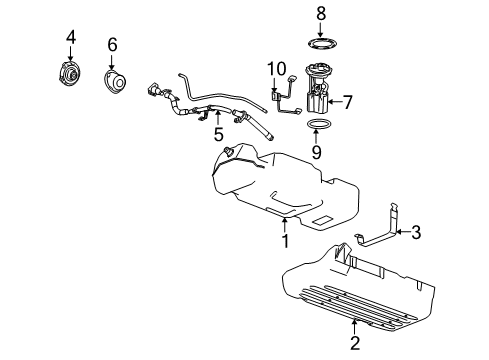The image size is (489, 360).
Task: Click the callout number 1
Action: pos(285,241)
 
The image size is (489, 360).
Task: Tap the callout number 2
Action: pos(355,344)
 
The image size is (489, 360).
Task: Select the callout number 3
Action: pos(416,232)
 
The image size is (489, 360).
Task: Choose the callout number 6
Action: pos(112,45)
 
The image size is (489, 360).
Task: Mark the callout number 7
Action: pos(347,101)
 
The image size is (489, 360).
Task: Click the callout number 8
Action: pos(321,13)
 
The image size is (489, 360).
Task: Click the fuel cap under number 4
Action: pos(72,76)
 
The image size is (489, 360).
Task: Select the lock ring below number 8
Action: pos(322,44)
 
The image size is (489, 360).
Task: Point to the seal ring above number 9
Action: pos(318,125)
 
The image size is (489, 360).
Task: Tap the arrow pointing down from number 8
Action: pos(321,29)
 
